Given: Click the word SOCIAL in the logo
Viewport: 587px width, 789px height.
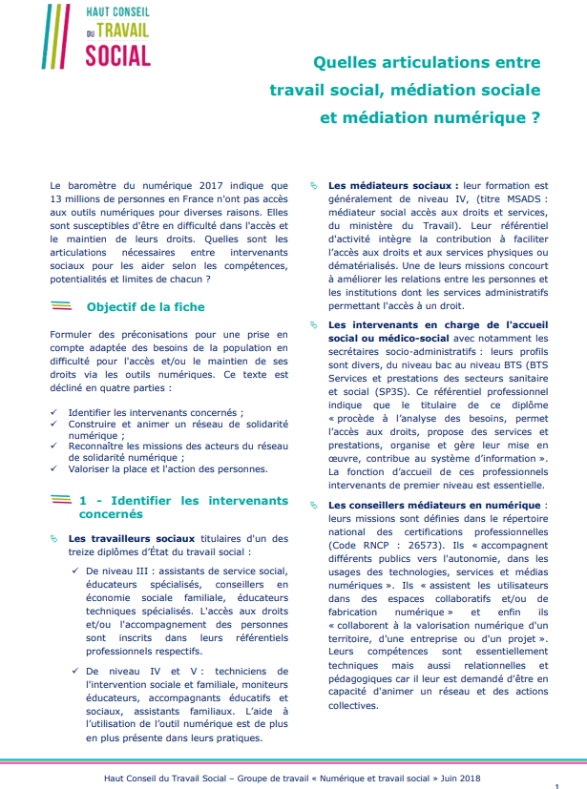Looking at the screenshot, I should coord(118,55).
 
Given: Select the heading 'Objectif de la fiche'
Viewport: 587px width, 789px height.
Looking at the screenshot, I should coord(145,307).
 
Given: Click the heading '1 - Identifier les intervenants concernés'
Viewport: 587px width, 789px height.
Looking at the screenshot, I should coord(182,507).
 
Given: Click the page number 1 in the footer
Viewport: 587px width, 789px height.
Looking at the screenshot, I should coord(556,783).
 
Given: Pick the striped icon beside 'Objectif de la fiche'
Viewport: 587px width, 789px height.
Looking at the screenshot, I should coord(61,307).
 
